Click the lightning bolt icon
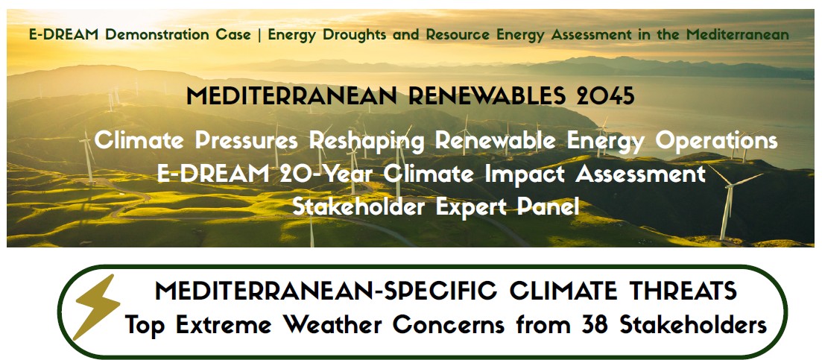tap(97, 307)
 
